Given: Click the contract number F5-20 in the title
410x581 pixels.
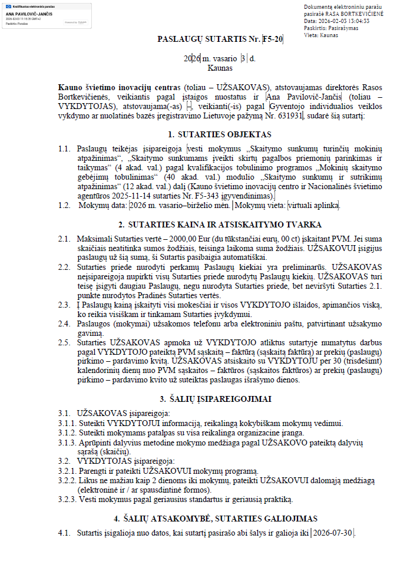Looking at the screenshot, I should point(273,39).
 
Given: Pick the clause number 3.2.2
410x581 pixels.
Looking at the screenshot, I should point(68,480).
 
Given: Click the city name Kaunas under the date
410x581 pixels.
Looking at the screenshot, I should point(203,68).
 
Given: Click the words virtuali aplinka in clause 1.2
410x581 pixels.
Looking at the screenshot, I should point(313,206).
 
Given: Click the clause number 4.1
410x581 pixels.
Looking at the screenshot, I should point(64,533).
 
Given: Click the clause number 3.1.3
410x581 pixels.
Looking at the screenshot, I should point(68,443).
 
